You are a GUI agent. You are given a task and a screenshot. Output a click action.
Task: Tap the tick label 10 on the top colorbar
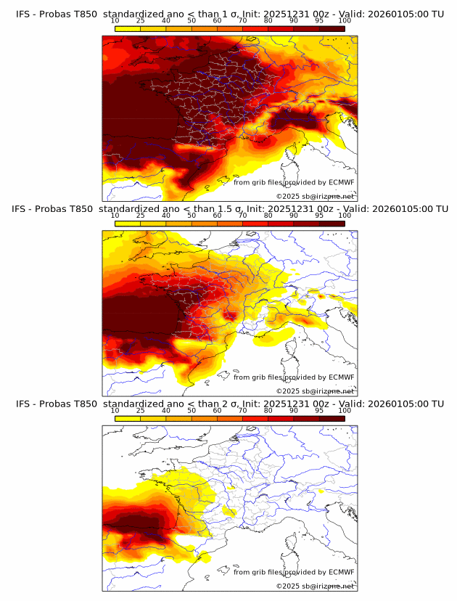click(x=115, y=20)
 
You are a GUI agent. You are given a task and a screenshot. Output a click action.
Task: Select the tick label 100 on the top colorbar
click(x=345, y=20)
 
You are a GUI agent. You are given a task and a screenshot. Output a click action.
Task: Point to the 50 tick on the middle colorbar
click(x=192, y=216)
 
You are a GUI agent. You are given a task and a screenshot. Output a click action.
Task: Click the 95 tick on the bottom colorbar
click(x=319, y=411)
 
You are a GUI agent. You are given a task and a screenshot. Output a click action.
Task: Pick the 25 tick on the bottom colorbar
click(x=141, y=411)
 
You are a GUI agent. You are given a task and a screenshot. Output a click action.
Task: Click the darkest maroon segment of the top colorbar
click(x=332, y=28)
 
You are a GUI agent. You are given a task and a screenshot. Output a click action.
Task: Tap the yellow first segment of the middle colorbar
click(x=128, y=224)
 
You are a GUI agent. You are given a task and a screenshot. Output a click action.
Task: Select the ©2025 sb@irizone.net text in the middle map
click(x=315, y=391)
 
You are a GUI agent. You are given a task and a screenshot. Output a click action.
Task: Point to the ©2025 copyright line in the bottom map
click(x=315, y=586)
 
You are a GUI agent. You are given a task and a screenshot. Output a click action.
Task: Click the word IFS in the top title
click(x=22, y=13)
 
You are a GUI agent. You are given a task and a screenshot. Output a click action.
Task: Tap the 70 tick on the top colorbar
click(x=242, y=20)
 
